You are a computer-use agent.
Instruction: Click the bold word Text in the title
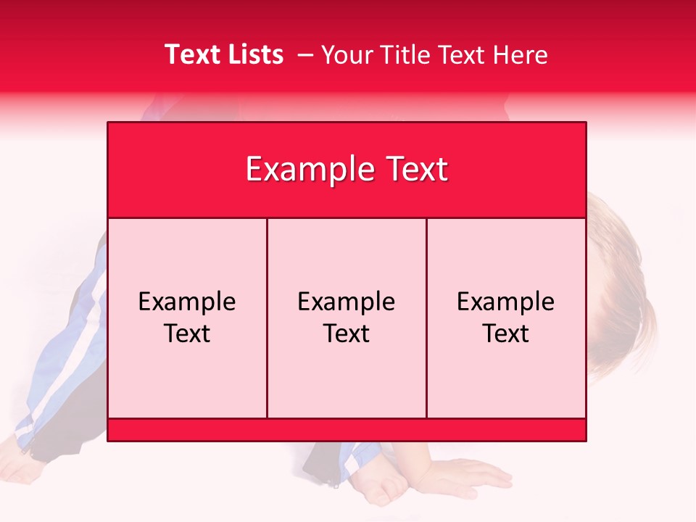point(191,54)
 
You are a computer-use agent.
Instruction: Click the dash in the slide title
point(304,55)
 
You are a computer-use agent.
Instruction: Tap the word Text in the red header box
point(415,170)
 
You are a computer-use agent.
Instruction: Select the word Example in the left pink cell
point(187,302)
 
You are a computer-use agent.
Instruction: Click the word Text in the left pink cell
point(187,333)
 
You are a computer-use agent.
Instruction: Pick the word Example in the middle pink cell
point(347,302)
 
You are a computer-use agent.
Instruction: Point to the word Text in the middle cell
point(347,333)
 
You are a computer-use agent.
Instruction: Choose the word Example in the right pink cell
point(506,302)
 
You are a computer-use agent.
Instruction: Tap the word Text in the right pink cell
point(506,333)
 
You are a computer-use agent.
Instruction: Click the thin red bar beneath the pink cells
point(347,430)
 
